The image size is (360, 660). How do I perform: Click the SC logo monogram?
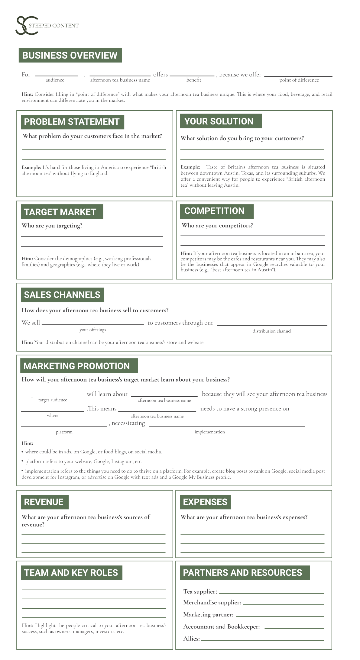click(27, 25)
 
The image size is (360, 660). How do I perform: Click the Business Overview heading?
click(70, 55)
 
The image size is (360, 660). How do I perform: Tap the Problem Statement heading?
click(72, 122)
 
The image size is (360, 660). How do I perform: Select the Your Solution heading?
click(219, 121)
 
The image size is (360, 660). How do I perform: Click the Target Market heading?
click(60, 212)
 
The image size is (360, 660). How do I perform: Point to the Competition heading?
click(215, 211)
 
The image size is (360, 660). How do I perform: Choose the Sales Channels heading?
click(62, 295)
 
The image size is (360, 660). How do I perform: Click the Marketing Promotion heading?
click(77, 366)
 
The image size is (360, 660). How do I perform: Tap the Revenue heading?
click(44, 502)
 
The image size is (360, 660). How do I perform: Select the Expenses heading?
click(205, 502)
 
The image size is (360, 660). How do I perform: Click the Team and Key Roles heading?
click(71, 573)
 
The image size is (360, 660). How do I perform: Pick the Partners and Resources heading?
click(243, 573)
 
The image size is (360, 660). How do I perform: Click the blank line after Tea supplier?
click(271, 593)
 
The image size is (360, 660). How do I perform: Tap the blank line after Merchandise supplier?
click(283, 604)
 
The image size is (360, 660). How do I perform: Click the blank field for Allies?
click(262, 639)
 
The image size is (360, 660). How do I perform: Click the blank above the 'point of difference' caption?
click(298, 76)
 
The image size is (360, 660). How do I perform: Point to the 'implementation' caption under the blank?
click(210, 432)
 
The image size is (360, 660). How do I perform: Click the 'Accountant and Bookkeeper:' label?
click(222, 626)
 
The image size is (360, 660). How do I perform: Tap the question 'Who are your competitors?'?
click(217, 226)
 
